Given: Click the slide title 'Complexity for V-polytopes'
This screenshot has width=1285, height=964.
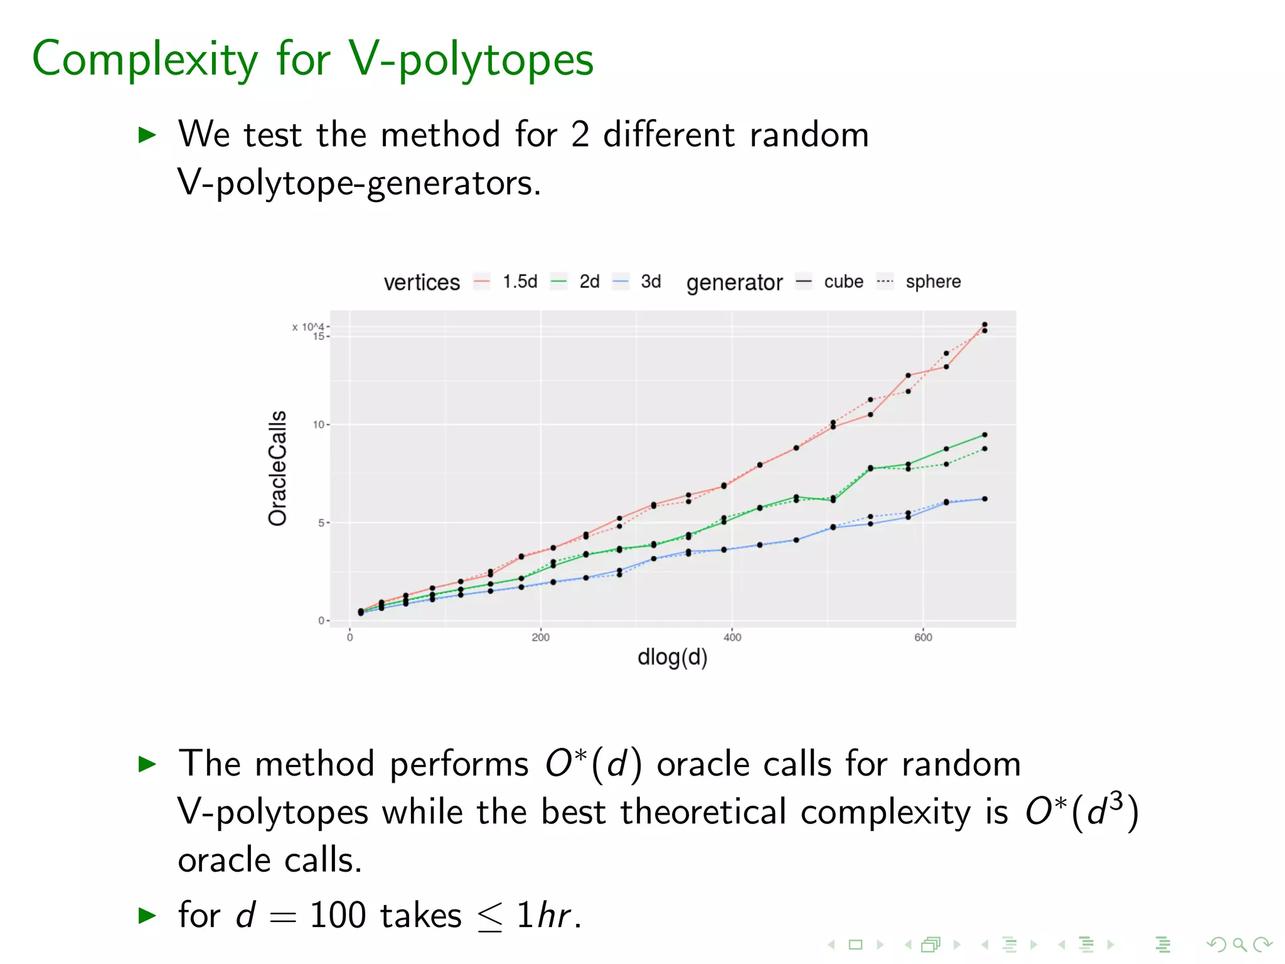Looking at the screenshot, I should click(x=312, y=59).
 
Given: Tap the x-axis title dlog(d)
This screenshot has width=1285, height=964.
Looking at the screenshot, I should click(x=672, y=657).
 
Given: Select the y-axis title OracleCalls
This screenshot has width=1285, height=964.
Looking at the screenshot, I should click(x=277, y=468).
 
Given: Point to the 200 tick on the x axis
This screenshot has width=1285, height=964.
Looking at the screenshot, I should click(x=540, y=638).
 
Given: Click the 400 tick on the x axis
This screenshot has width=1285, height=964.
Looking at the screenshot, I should click(x=732, y=638).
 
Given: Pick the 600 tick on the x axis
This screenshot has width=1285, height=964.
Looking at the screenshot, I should click(x=923, y=638).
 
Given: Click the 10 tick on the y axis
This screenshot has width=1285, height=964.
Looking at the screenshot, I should click(x=319, y=425).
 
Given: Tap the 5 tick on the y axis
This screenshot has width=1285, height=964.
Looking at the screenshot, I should click(x=321, y=523).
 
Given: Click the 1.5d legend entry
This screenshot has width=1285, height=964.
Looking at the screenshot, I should click(x=520, y=282).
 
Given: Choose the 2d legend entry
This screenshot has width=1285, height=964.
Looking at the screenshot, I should click(x=589, y=282).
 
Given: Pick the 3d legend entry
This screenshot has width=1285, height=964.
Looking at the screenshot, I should click(x=651, y=282).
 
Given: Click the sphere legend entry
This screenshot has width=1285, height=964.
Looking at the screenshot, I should click(x=932, y=282).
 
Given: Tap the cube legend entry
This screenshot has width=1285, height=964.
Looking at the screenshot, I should click(x=843, y=282).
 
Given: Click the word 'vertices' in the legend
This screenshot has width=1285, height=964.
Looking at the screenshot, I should click(x=422, y=282).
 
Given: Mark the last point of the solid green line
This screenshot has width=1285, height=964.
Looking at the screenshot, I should click(x=984, y=435).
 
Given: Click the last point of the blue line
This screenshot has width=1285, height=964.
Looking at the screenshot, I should click(x=984, y=499).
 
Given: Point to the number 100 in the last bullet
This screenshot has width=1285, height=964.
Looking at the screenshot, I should click(x=338, y=915).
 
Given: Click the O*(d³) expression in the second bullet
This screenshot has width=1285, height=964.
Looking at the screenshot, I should click(x=1082, y=811).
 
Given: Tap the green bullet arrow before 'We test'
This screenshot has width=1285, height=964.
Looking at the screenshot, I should click(x=147, y=134).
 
